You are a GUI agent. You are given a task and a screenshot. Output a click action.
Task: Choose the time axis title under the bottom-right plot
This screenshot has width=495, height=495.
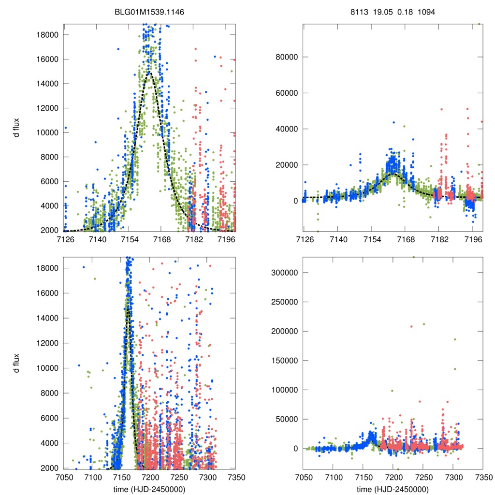pyautogui.click(x=393, y=488)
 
